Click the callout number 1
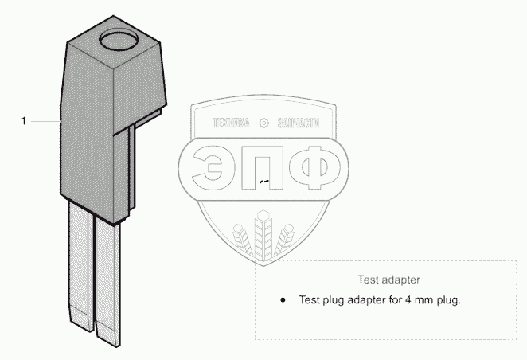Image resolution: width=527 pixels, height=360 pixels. pyautogui.click(x=24, y=121)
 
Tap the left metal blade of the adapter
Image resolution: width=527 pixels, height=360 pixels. pyautogui.click(x=80, y=266)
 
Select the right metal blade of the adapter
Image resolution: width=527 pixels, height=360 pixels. pyautogui.click(x=107, y=283)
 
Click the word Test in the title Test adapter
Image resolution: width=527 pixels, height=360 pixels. pyautogui.click(x=369, y=280)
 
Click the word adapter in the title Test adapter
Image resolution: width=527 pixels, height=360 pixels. pyautogui.click(x=401, y=280)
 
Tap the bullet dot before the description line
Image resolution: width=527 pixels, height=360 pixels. pyautogui.click(x=283, y=300)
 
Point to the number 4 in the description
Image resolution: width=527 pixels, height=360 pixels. pyautogui.click(x=408, y=299)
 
